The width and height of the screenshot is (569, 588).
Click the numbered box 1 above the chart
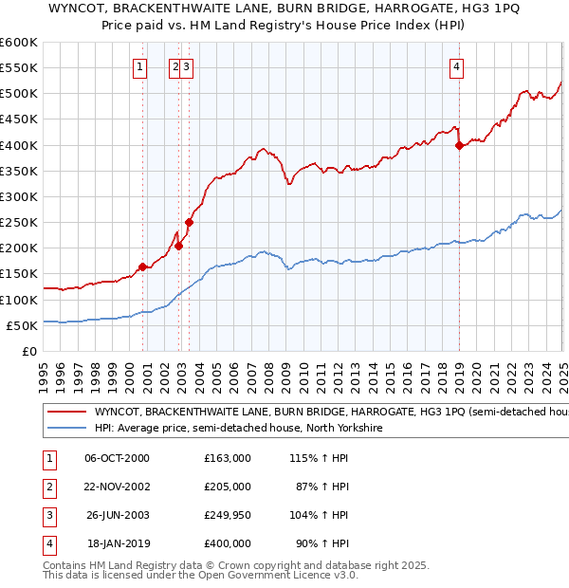pyautogui.click(x=139, y=66)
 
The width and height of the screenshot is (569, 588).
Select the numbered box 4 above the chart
pyautogui.click(x=457, y=66)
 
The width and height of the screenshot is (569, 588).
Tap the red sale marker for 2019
pyautogui.click(x=459, y=145)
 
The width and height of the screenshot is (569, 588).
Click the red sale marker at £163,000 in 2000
pyautogui.click(x=142, y=266)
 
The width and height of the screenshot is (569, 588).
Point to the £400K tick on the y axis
pyautogui.click(x=19, y=145)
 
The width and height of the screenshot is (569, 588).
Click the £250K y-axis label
pyautogui.click(x=19, y=223)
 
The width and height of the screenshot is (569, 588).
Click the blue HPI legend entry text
pyautogui.click(x=237, y=429)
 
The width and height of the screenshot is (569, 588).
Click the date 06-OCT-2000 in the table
pyautogui.click(x=117, y=458)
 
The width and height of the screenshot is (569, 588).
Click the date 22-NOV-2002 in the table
pyautogui.click(x=118, y=487)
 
